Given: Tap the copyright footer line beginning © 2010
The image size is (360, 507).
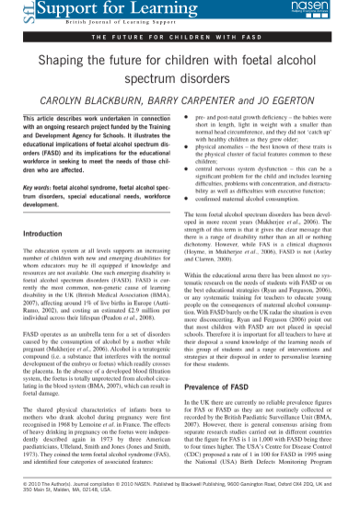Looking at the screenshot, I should point(180,482).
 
